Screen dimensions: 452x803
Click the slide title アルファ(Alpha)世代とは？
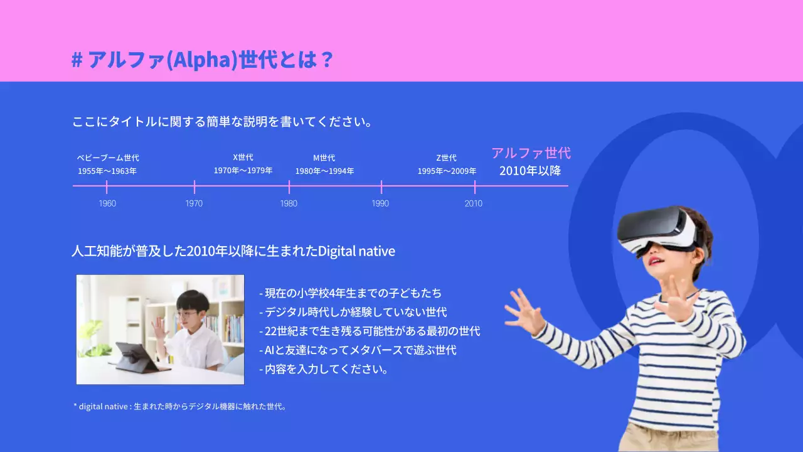(x=202, y=60)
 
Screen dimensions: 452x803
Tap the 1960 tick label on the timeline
(x=107, y=203)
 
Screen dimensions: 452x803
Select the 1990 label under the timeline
(x=380, y=203)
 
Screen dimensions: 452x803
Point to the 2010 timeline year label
(x=474, y=203)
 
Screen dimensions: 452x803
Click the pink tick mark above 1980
(x=289, y=186)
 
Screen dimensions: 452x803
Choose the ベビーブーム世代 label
(x=108, y=158)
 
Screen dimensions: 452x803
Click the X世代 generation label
(x=243, y=158)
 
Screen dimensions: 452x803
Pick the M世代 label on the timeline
(x=324, y=158)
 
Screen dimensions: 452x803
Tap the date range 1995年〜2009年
(x=447, y=171)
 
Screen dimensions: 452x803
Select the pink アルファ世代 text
(x=531, y=153)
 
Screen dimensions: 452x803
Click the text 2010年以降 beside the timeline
(x=530, y=170)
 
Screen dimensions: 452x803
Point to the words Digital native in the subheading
(x=356, y=252)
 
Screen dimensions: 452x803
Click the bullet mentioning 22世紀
(x=370, y=331)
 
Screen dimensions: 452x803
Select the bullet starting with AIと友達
(x=358, y=350)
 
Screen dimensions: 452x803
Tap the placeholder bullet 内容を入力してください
(x=324, y=369)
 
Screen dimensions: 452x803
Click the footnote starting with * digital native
(x=180, y=406)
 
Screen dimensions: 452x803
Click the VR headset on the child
(x=657, y=229)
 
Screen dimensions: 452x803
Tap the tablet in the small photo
(x=135, y=357)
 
